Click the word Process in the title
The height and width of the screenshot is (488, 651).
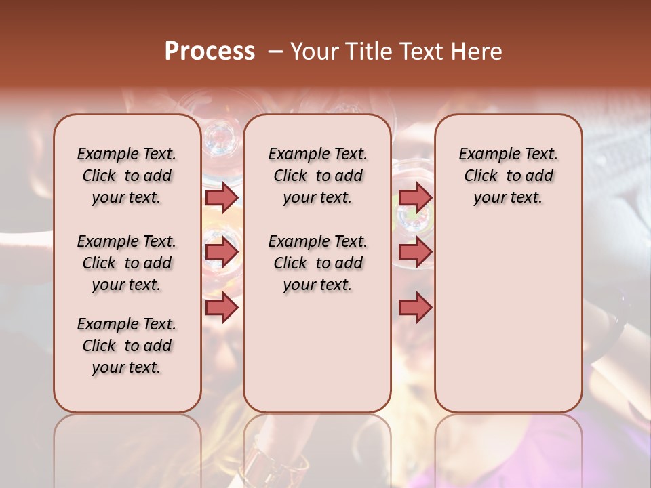(x=210, y=51)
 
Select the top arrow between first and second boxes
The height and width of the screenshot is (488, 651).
(x=222, y=197)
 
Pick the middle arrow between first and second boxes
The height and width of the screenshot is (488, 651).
(x=222, y=253)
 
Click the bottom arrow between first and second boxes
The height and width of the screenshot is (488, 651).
(x=222, y=308)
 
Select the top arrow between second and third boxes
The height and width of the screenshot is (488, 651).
(x=415, y=197)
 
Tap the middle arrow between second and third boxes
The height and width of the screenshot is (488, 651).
(x=415, y=253)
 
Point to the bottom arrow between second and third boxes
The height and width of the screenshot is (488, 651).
(x=415, y=308)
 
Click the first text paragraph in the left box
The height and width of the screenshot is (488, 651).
(x=127, y=176)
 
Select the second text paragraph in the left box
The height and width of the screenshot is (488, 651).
(x=127, y=263)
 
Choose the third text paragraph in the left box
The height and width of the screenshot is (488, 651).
(x=127, y=346)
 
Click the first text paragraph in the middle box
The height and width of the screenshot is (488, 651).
(x=317, y=176)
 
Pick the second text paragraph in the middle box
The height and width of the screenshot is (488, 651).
(x=317, y=263)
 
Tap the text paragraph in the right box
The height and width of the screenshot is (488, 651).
(x=509, y=176)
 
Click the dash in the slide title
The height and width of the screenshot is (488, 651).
(x=275, y=51)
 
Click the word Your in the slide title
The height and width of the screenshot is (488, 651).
(x=315, y=51)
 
